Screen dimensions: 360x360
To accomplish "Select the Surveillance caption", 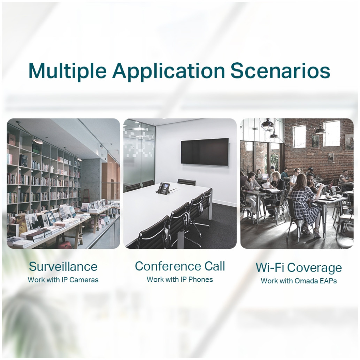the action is pos(63,266).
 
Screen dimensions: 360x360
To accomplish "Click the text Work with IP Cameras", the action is pos(63,279).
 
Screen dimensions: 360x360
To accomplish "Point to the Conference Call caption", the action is pos(180,266).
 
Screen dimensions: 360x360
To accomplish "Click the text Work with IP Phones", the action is pos(180,279).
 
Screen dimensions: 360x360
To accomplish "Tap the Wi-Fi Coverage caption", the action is pos(299,268).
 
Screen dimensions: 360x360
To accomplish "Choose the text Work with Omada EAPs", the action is pos(299,281).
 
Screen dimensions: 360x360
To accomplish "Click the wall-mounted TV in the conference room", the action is pos(205,152).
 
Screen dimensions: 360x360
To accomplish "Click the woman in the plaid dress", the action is pos(304,202).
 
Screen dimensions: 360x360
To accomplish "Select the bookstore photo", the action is pos(63,183).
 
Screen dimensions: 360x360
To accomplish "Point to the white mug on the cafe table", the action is pos(328,196).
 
